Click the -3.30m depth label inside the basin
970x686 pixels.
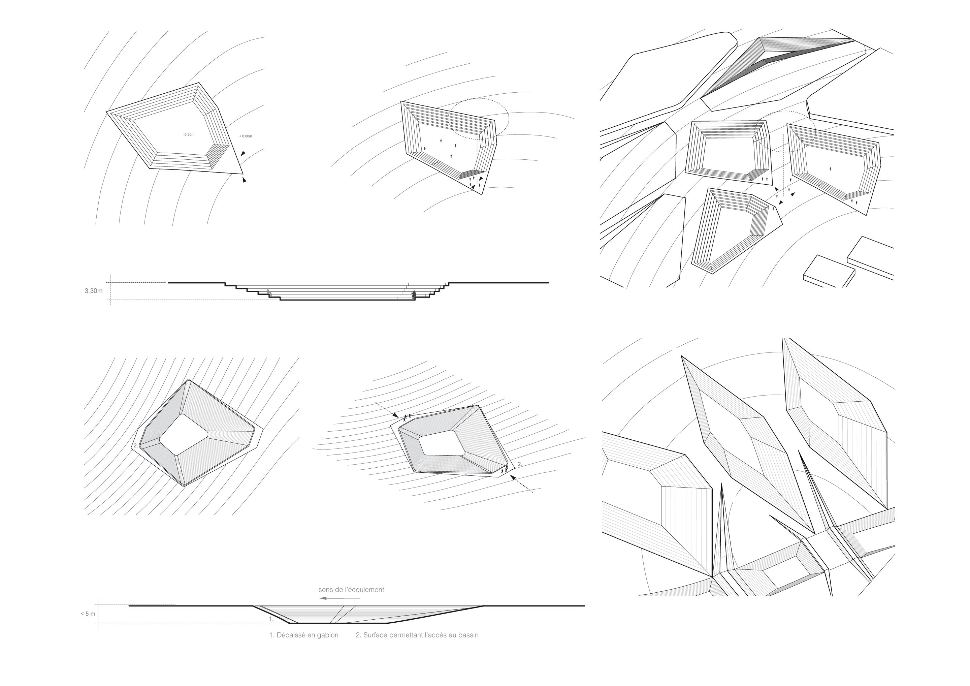coord(189,134)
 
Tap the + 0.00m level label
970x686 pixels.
coord(246,136)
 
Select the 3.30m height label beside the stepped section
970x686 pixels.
coord(93,291)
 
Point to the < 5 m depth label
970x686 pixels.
coord(88,614)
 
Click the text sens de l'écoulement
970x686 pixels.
coord(351,590)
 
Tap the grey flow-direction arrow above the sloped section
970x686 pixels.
coord(340,598)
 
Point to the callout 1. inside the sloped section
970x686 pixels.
coord(271,618)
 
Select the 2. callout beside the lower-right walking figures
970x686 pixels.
coord(520,464)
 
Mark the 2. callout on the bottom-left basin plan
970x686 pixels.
coord(135,445)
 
